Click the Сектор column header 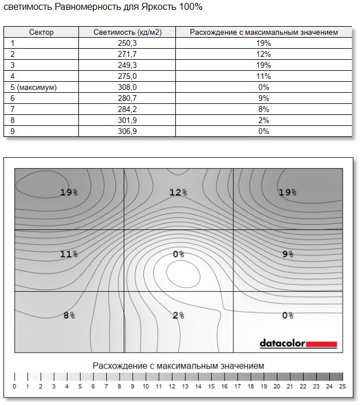click(41, 32)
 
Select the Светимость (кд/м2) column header click(127, 32)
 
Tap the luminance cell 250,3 click(127, 43)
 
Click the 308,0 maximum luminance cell click(127, 87)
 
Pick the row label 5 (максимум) click(34, 87)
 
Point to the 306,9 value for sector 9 click(127, 131)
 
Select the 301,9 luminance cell click(127, 120)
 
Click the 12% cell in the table click(264, 54)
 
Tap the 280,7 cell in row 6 click(127, 98)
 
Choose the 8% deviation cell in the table click(264, 109)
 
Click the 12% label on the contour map click(178, 192)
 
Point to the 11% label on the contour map click(69, 254)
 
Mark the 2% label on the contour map click(178, 315)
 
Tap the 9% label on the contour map click(287, 254)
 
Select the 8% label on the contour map click(69, 315)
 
